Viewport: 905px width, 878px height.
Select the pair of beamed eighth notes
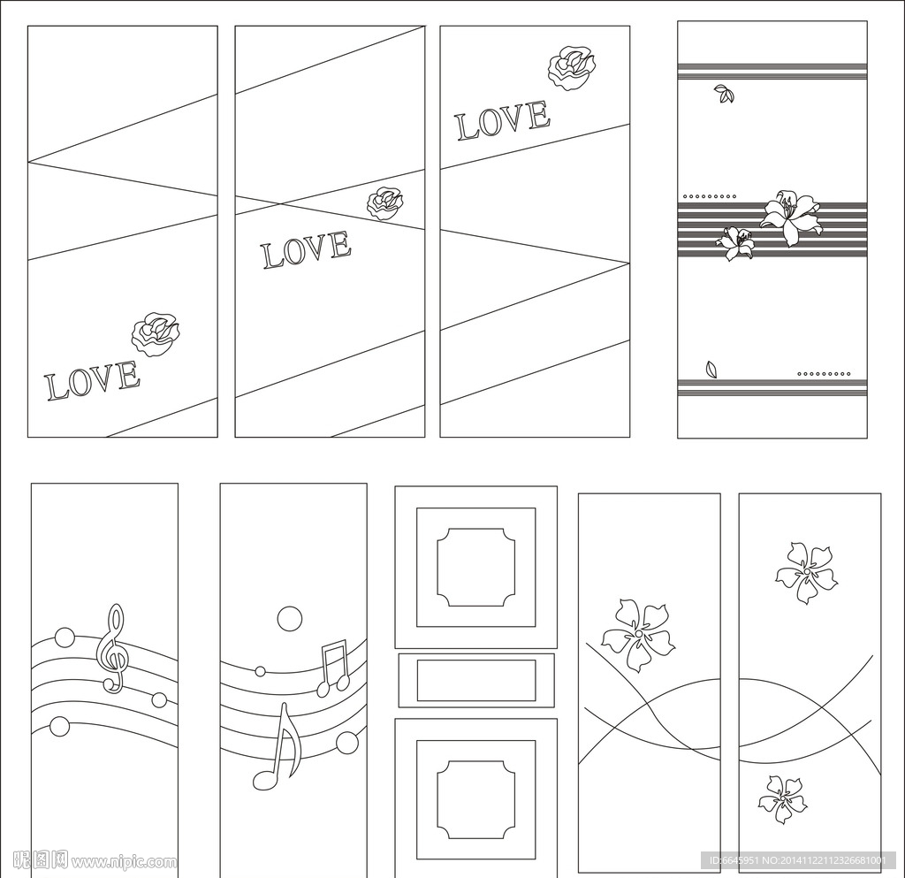point(333,667)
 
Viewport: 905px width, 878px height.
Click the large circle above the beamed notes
point(290,619)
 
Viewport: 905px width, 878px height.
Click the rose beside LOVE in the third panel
point(572,67)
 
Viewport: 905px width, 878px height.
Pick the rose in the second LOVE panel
point(385,202)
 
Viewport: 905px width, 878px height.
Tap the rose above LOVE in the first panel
point(156,334)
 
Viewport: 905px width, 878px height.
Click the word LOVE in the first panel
point(93,380)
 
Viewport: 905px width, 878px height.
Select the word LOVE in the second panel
point(307,249)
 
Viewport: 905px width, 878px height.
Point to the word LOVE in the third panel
point(503,120)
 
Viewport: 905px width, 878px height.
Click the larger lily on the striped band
point(789,217)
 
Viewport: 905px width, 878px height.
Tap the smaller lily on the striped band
point(735,242)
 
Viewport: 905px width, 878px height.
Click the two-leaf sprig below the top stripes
point(725,94)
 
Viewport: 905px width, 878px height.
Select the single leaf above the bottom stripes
point(711,370)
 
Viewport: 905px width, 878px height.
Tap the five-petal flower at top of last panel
point(806,572)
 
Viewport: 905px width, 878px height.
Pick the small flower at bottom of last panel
point(782,799)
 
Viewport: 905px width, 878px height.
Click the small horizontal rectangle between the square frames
point(476,681)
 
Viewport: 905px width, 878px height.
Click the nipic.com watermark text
point(95,861)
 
